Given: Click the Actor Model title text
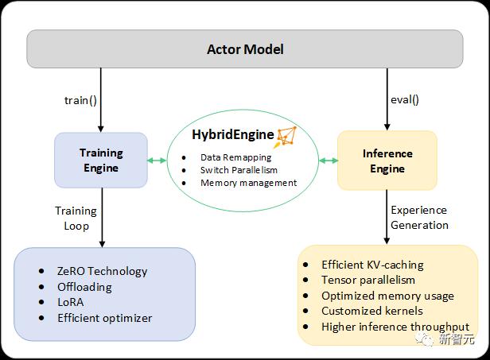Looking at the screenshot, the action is point(245,49).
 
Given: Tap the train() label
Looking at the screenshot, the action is point(80,100).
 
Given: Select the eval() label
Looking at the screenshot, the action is point(405,99).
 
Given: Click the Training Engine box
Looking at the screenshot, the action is point(101,161).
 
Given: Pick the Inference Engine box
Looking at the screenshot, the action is point(387,161).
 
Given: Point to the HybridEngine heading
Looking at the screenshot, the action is point(233,134).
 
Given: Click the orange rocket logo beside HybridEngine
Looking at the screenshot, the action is point(286,137).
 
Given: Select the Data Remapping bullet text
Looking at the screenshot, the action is point(236,157).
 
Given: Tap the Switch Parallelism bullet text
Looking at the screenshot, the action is point(239,170).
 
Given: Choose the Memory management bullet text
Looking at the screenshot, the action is point(249,183).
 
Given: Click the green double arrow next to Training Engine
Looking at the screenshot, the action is point(157,161).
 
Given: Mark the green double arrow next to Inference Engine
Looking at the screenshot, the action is point(329,161).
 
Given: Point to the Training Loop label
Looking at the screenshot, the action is point(76,219).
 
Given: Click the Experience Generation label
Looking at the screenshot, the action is point(419,217).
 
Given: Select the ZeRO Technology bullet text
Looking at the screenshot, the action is point(102,271).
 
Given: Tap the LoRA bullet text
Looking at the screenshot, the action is point(71,302).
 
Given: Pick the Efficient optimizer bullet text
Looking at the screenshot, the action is point(105,318).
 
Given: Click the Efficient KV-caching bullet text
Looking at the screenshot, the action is point(372,265).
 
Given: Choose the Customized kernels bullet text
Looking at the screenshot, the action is point(372,311).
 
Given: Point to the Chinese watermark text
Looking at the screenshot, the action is point(457,339).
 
